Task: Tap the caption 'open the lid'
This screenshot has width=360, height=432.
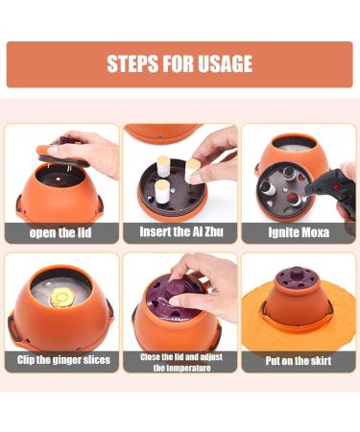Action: [60, 232]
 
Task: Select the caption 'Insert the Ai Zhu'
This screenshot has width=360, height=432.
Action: [179, 232]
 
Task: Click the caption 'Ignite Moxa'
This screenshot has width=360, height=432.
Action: [298, 232]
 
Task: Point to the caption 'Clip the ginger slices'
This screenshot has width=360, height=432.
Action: [61, 361]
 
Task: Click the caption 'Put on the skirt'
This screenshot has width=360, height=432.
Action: [298, 362]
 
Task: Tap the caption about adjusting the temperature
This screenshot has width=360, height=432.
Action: [180, 362]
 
